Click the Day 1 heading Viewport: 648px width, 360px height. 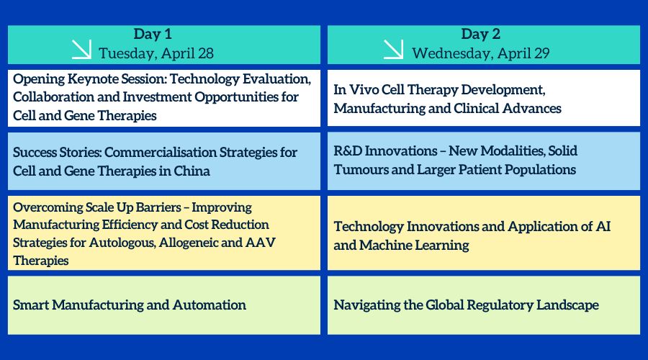[153, 34]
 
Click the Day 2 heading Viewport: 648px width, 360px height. [481, 34]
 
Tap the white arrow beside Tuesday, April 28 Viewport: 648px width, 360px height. [81, 49]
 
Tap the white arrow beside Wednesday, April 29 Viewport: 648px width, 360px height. [393, 49]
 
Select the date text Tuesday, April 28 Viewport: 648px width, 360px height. [156, 53]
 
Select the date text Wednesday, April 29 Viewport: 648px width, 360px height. [481, 53]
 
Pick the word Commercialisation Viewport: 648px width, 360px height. [161, 152]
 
